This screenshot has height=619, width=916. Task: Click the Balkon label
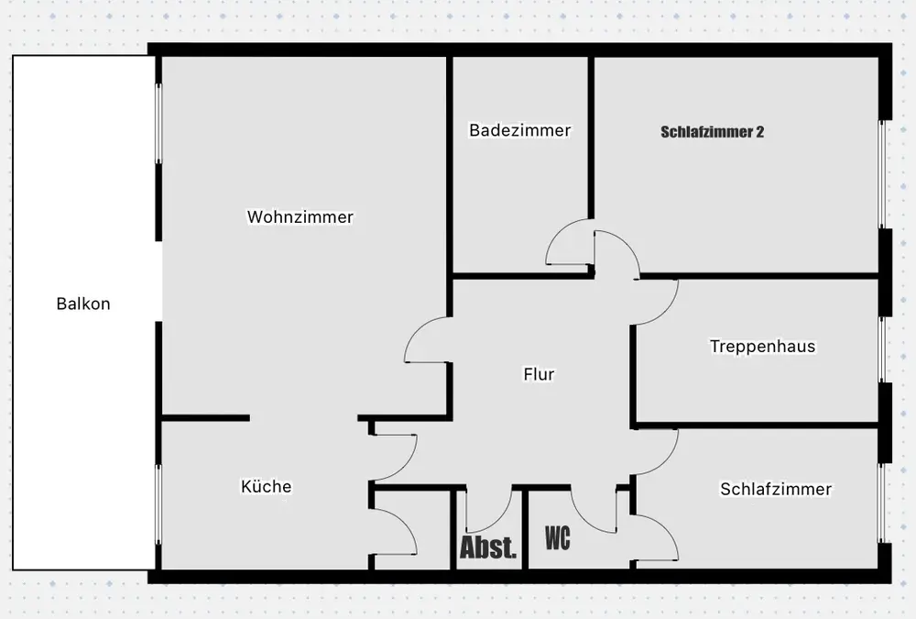(82, 304)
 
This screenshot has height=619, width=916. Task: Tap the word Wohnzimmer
(300, 217)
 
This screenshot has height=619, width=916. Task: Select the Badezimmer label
(519, 130)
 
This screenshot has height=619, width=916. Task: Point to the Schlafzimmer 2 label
(712, 132)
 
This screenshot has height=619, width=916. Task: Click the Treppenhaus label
(762, 347)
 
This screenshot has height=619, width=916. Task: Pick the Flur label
(540, 374)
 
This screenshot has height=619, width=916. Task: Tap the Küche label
(266, 486)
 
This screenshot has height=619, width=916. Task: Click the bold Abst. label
(488, 549)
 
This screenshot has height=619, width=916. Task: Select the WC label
(557, 538)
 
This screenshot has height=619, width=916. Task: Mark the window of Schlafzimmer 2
(883, 174)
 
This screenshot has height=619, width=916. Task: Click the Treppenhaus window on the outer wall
(883, 348)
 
